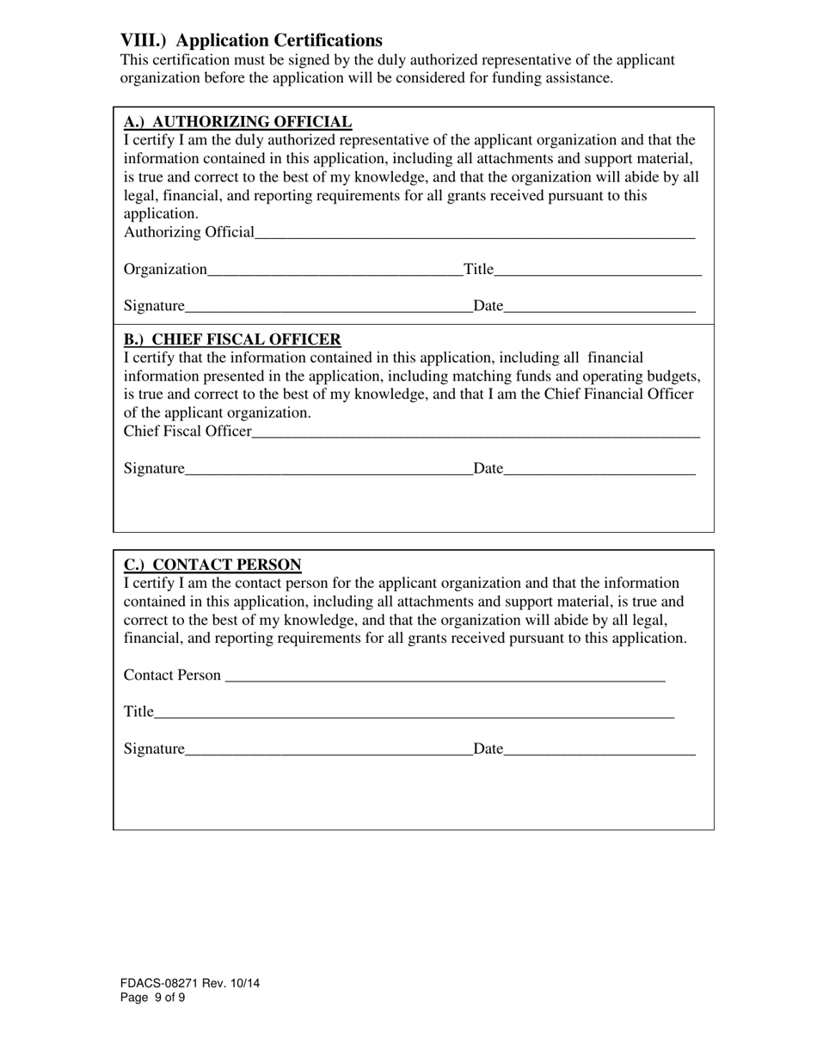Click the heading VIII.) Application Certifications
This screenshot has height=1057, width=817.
coord(251,40)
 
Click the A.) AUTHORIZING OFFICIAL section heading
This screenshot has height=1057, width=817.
coord(237,122)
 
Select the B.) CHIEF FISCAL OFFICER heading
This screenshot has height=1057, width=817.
coord(232,339)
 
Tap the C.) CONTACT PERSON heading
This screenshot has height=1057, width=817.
coord(212,565)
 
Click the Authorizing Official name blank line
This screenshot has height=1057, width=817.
coord(475,232)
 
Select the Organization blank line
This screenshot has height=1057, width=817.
coord(335,270)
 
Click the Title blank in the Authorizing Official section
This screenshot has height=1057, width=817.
coord(599,270)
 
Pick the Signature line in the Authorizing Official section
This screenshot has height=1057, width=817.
coord(329,306)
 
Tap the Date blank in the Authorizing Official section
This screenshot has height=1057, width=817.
coord(599,306)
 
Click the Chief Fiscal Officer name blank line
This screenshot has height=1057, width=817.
coord(476,431)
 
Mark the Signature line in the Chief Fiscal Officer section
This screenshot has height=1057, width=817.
coord(329,468)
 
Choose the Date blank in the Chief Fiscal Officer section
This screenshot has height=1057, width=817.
coord(599,468)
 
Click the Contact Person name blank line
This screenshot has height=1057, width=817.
coord(445,675)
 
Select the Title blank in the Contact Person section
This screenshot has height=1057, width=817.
coord(414,712)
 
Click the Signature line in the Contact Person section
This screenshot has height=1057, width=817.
coord(329,749)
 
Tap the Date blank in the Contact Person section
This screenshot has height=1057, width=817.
coord(599,749)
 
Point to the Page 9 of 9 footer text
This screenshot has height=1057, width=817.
coord(152,998)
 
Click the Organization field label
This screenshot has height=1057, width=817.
coord(165,270)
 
